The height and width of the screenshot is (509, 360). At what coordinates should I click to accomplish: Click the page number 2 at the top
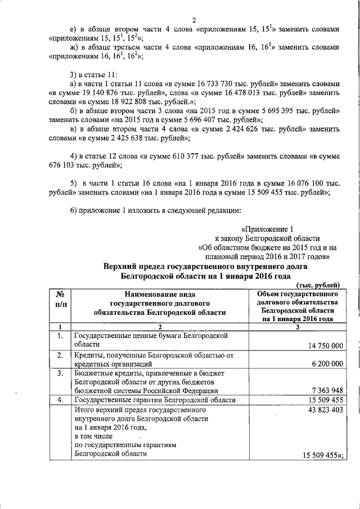click(194, 21)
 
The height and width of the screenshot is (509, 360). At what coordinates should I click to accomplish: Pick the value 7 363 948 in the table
click(323, 390)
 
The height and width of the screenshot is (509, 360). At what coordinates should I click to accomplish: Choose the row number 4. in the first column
click(60, 400)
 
